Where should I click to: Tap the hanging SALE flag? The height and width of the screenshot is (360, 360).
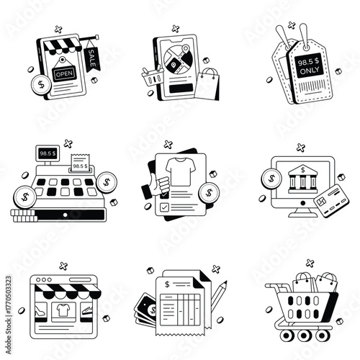[91, 57]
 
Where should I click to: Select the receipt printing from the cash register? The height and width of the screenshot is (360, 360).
[81, 163]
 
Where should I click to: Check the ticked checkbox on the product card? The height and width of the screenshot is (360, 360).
[164, 207]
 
